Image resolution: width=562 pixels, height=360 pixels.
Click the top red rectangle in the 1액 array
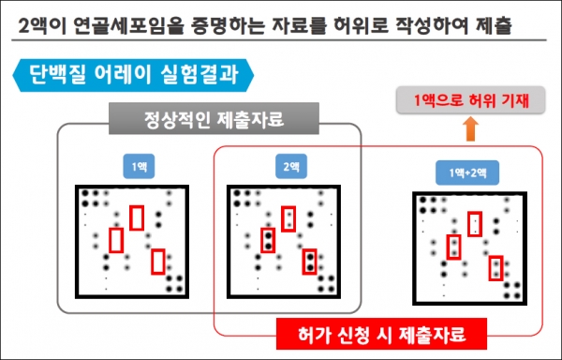[137, 217]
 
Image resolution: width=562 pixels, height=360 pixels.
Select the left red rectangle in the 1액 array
[116, 240]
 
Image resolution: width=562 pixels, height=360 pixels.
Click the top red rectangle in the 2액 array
[288, 217]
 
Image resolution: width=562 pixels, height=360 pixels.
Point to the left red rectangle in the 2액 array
[268, 240]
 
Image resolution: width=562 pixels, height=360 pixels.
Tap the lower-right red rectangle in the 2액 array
[309, 261]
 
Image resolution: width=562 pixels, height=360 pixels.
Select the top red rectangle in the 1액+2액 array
[476, 223]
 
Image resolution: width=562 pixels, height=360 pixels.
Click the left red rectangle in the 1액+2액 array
[454, 247]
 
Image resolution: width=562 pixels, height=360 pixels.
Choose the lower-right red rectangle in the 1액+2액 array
[495, 267]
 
